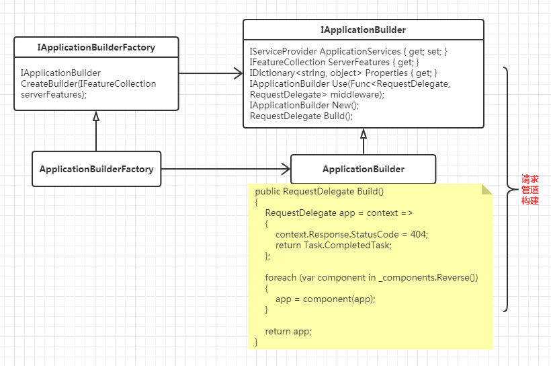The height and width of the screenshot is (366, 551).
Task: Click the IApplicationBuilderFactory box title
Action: pos(96,47)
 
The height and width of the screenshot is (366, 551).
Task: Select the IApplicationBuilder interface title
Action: pos(363,30)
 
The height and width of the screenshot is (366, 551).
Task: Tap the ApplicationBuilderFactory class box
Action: pos(96,169)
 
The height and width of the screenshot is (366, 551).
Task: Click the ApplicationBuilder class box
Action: pos(363,169)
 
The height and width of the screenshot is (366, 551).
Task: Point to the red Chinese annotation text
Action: pos(530,190)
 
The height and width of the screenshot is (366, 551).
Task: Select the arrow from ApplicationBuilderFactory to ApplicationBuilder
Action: pos(225,169)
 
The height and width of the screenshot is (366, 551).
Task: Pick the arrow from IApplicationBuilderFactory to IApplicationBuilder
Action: pos(210,73)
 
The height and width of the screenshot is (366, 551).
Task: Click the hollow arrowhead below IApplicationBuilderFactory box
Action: pos(96,116)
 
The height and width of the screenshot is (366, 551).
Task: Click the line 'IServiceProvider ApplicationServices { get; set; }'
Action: pos(348,51)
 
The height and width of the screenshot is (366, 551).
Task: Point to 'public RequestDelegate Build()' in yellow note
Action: pos(319,191)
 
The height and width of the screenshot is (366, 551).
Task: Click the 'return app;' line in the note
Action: pos(288,331)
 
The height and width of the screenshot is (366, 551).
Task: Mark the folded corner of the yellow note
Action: pos(486,190)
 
